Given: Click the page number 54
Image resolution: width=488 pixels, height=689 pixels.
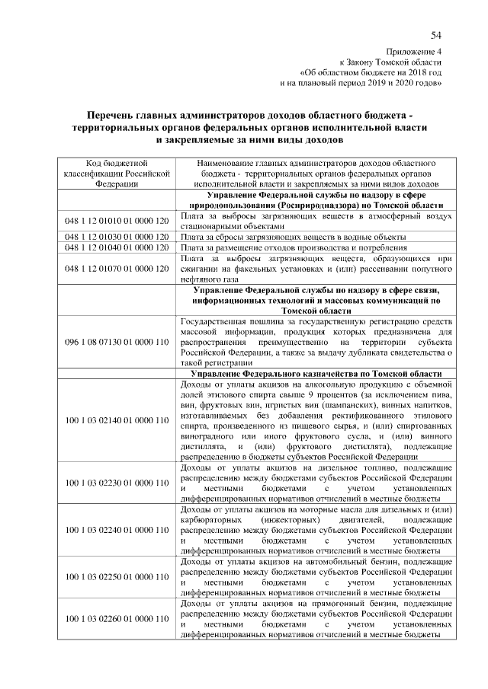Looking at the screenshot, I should click(435, 35).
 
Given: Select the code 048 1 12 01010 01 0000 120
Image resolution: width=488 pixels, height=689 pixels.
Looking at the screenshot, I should click(116, 221).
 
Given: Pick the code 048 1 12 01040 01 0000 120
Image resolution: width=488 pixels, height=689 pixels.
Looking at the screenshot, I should click(116, 247).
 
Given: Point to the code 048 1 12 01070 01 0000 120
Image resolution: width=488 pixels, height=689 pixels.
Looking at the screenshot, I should click(116, 269).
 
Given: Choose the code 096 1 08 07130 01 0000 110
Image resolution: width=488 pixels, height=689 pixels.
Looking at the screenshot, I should click(116, 343).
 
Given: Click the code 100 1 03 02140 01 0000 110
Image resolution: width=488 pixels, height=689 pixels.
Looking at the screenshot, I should click(116, 419).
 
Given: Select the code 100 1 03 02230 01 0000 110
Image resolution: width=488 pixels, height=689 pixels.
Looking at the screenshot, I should click(116, 483).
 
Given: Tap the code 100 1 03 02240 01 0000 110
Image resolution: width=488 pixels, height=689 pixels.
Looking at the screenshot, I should click(116, 530).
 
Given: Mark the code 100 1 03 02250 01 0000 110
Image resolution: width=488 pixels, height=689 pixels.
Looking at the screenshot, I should click(116, 577).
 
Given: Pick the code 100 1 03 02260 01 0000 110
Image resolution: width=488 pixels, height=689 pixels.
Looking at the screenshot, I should click(116, 620).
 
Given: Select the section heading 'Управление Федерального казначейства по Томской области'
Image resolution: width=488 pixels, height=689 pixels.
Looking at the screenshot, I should click(316, 375).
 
